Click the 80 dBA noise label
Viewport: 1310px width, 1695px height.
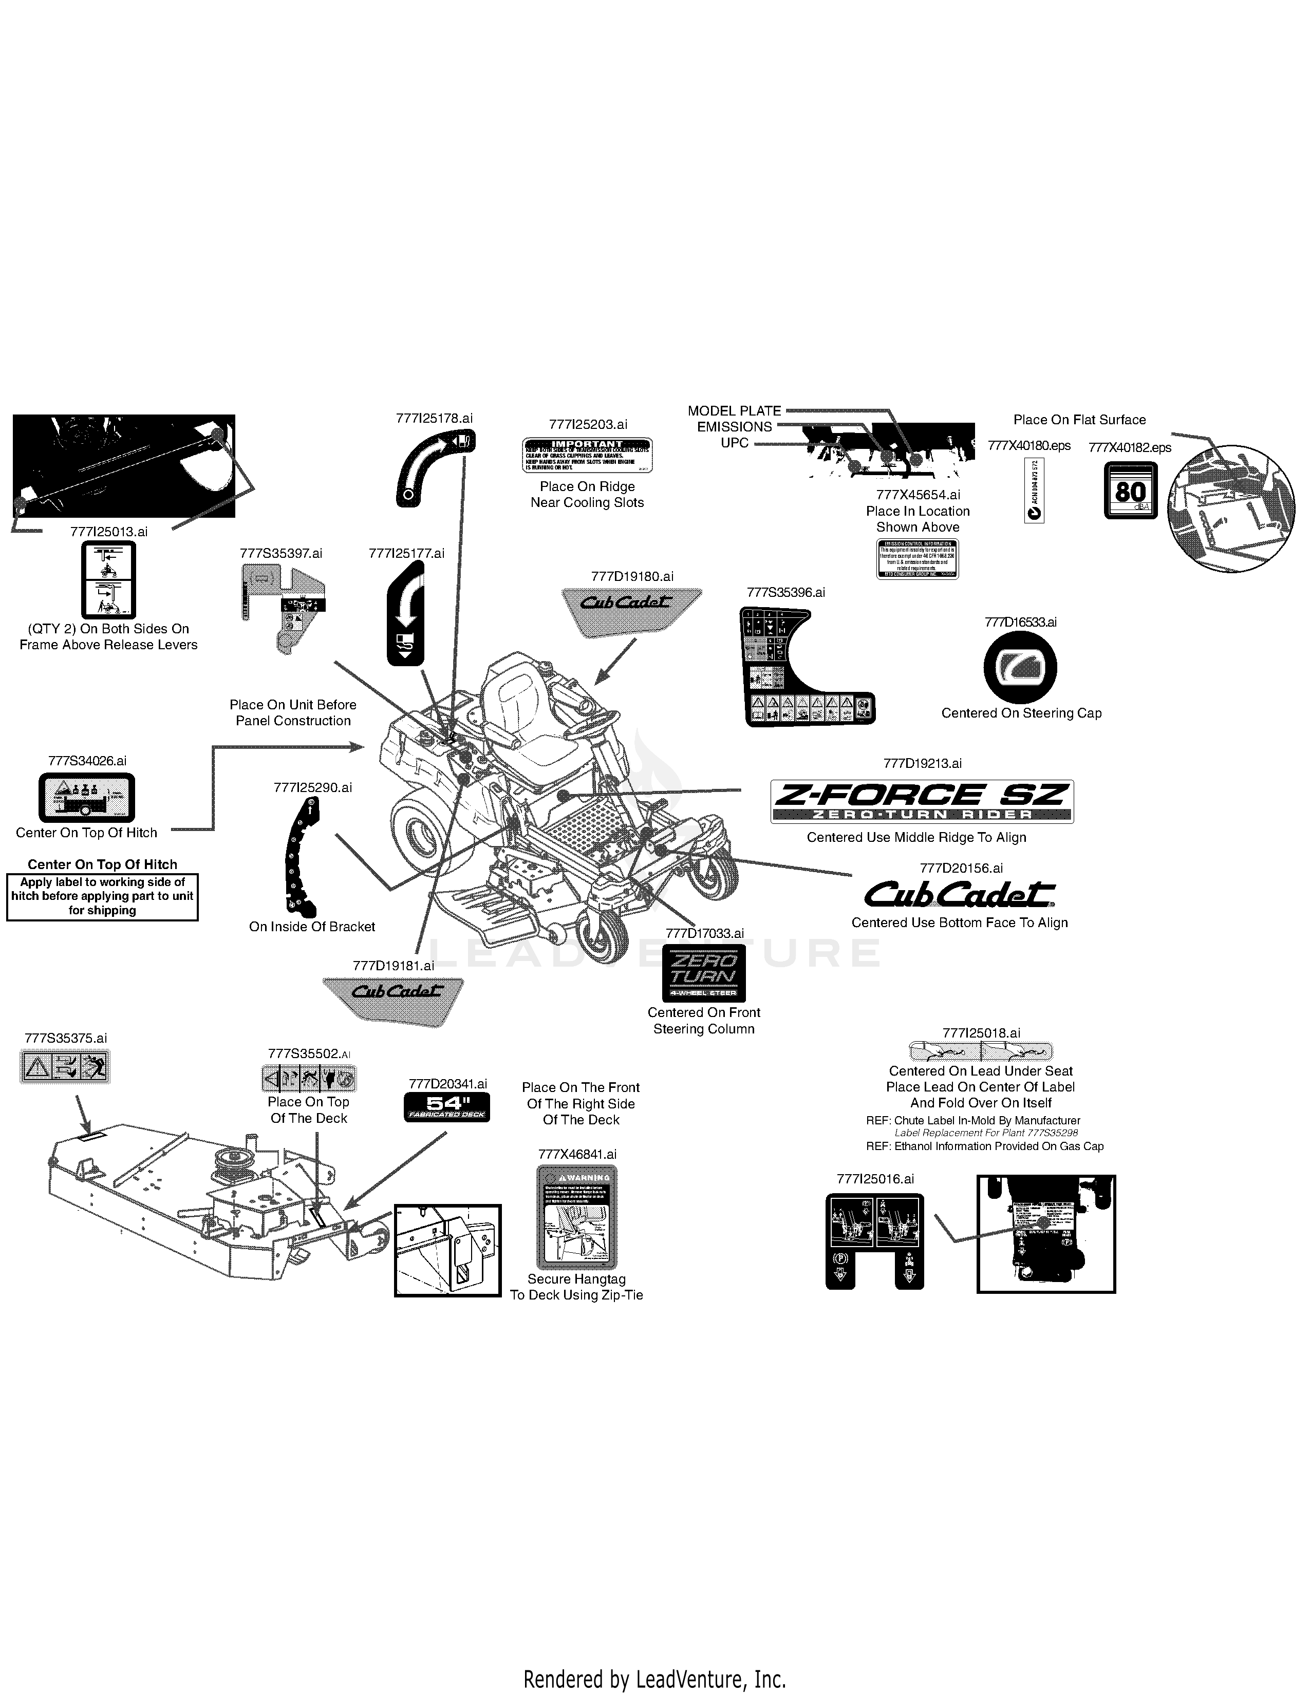(1130, 491)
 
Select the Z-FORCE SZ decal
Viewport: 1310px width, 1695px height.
(922, 801)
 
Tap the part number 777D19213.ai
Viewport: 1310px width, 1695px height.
(922, 764)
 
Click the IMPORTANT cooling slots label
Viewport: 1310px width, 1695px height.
(587, 455)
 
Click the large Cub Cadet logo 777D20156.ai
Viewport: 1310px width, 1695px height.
(960, 894)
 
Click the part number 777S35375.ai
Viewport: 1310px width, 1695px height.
(65, 1039)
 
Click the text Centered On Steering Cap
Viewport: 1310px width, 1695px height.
(1021, 713)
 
